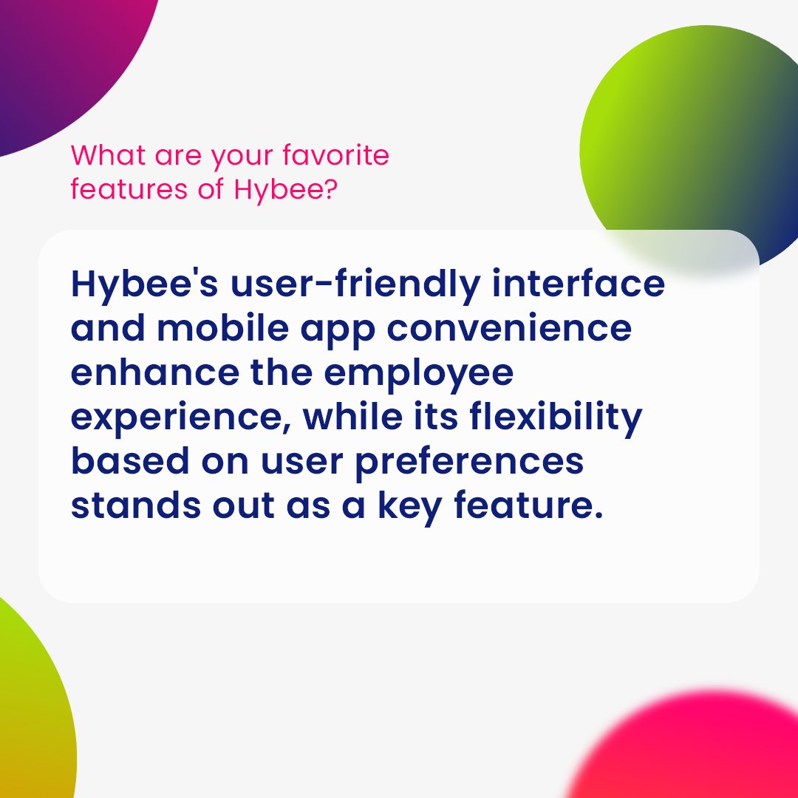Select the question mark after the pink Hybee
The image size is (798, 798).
coord(331,189)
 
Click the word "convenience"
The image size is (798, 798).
coord(510,329)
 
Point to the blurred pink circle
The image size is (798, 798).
coord(695,754)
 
